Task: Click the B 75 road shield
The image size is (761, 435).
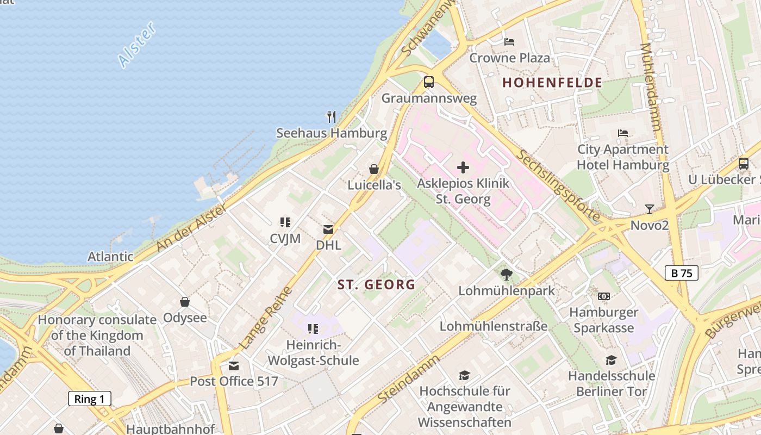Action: tap(682, 273)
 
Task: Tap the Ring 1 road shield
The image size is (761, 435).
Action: tap(90, 399)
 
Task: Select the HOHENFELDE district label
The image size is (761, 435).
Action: tap(552, 83)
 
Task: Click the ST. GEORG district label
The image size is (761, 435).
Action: tap(376, 284)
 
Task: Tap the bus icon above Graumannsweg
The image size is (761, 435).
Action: tap(429, 82)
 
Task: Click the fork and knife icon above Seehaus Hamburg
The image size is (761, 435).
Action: tap(331, 116)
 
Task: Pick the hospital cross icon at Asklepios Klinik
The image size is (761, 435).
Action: tap(463, 167)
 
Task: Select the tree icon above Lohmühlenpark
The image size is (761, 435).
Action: tap(507, 275)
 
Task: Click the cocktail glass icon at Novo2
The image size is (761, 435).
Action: tap(649, 209)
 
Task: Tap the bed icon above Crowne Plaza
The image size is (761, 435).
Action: tap(509, 42)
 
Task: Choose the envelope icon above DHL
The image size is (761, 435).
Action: tap(328, 229)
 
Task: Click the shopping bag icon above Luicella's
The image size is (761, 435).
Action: tap(374, 169)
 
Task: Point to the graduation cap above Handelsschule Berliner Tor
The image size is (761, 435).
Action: tap(611, 360)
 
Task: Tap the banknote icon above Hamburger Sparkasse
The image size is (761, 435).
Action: tap(603, 296)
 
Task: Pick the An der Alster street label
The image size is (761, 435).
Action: tap(191, 228)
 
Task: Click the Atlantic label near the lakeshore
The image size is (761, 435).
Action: tap(110, 256)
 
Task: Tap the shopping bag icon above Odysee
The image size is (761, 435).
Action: tap(185, 302)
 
